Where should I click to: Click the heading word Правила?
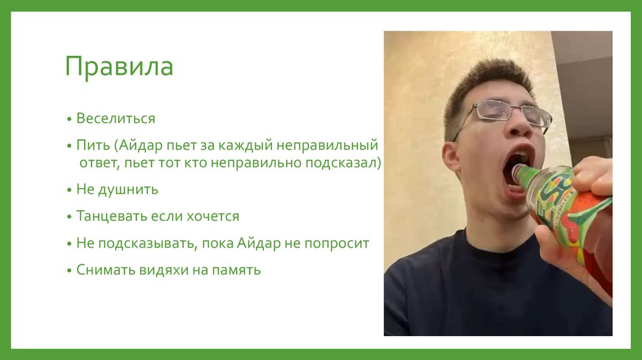point(119,67)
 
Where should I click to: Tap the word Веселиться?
point(115,118)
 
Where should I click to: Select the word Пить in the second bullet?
point(93,146)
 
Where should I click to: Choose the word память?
point(235,271)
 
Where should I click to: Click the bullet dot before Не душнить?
point(71,189)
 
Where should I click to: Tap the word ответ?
point(98,163)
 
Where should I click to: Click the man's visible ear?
point(451,156)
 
